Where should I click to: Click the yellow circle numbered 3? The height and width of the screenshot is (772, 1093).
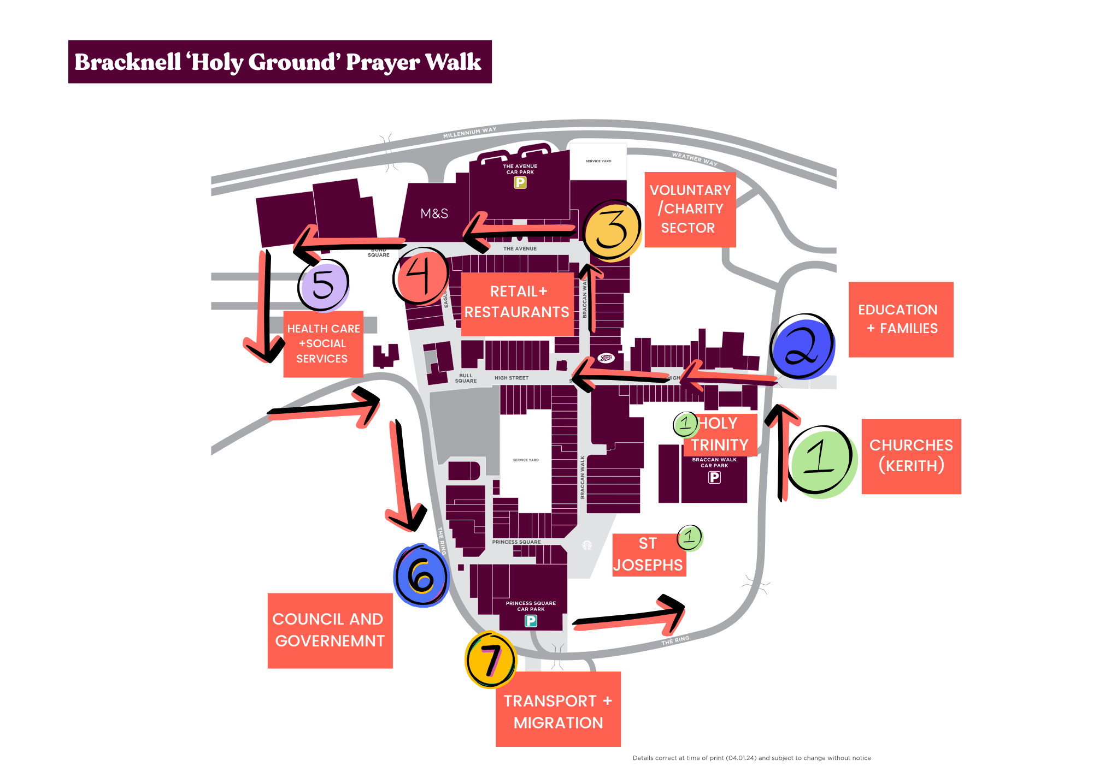(x=612, y=230)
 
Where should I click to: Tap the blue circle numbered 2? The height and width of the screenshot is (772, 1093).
(x=802, y=346)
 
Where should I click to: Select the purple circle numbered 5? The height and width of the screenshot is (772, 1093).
(x=324, y=284)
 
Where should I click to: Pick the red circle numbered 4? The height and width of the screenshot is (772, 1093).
(x=421, y=276)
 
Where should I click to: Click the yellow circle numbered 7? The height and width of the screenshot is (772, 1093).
(x=491, y=660)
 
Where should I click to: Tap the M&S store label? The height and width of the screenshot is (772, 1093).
(x=434, y=213)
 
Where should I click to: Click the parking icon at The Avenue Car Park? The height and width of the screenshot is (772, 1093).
(x=520, y=182)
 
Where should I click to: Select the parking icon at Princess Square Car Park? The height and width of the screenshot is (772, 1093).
(x=531, y=621)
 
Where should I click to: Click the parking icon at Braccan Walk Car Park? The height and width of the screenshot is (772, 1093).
(x=714, y=477)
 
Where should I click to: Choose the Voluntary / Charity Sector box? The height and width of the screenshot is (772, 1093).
(x=690, y=210)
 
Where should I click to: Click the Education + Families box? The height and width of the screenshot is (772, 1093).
(x=901, y=319)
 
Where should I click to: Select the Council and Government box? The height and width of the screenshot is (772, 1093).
(x=330, y=631)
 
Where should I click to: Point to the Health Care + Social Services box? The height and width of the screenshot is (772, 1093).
(x=323, y=344)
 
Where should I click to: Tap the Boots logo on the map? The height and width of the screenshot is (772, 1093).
(x=606, y=358)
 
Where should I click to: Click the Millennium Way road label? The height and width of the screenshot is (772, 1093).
(x=469, y=132)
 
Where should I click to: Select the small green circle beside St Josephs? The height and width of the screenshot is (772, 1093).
(x=690, y=537)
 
